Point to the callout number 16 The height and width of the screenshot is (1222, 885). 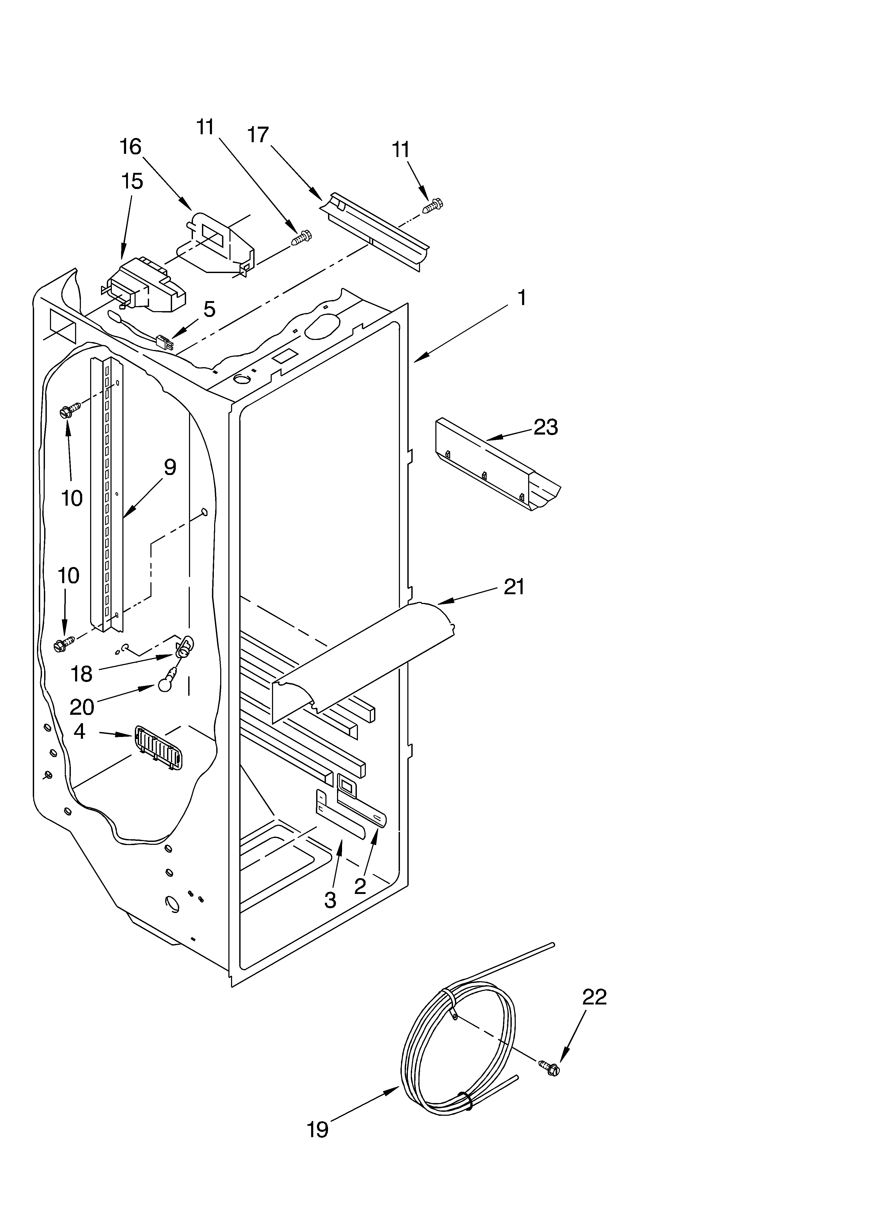click(x=130, y=146)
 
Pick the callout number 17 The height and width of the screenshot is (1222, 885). click(x=258, y=135)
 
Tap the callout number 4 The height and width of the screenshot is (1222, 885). click(x=79, y=731)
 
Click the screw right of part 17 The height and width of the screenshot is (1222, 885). click(x=434, y=205)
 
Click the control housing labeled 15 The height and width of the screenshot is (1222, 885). click(x=146, y=285)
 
